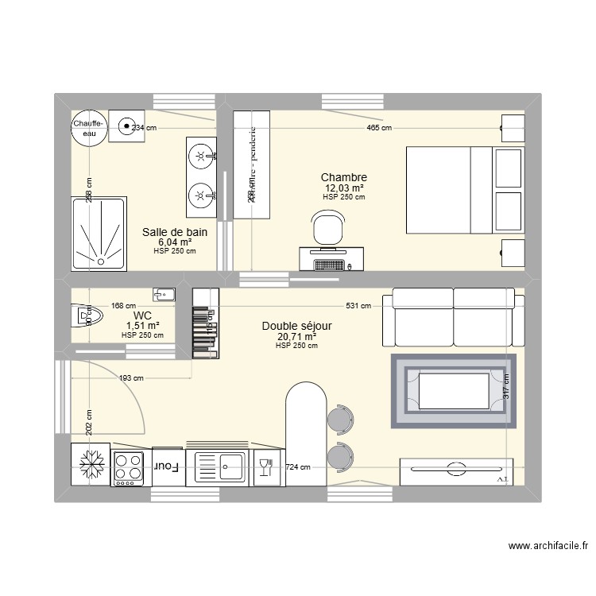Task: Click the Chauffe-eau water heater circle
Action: pyautogui.click(x=87, y=129)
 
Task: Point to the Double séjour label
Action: pyautogui.click(x=296, y=326)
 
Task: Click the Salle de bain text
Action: pyautogui.click(x=175, y=232)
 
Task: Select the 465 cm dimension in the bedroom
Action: pyautogui.click(x=379, y=127)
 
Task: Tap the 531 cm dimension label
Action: pyautogui.click(x=359, y=305)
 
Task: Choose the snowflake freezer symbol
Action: pyautogui.click(x=89, y=465)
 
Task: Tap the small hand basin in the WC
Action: pyautogui.click(x=164, y=296)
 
